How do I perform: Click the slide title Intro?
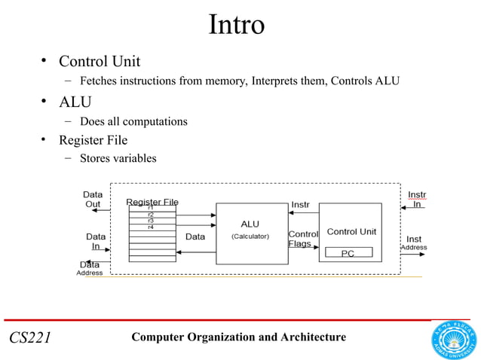tap(236, 25)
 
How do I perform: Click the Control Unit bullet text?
tap(100, 61)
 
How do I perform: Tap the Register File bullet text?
tap(93, 140)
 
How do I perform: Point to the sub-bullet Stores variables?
tap(118, 158)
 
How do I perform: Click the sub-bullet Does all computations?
tap(133, 121)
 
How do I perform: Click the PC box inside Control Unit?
tap(348, 253)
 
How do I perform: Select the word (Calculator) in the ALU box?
tap(250, 236)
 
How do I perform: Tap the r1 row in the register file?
tap(151, 208)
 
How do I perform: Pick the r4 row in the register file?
tap(151, 227)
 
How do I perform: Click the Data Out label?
tap(93, 199)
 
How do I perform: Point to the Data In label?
tap(95, 241)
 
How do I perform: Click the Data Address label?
tap(90, 269)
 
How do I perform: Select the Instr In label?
tap(416, 199)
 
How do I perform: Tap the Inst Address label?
tap(414, 243)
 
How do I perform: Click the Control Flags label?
tap(303, 239)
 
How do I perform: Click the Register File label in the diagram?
tap(152, 201)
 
